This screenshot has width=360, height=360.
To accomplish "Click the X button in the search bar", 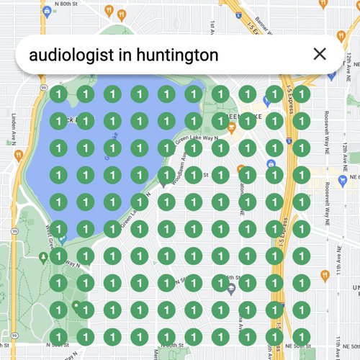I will click(320, 54).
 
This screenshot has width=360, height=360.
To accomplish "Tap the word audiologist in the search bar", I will click(69, 55).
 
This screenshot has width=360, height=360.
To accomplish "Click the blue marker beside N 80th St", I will click(47, 11).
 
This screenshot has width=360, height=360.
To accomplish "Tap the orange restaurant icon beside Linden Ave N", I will click(18, 153).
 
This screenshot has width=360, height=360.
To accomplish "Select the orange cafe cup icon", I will click(231, 127).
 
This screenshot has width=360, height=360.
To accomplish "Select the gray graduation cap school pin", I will click(230, 289).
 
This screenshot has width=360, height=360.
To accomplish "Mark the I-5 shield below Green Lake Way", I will click(287, 135).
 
